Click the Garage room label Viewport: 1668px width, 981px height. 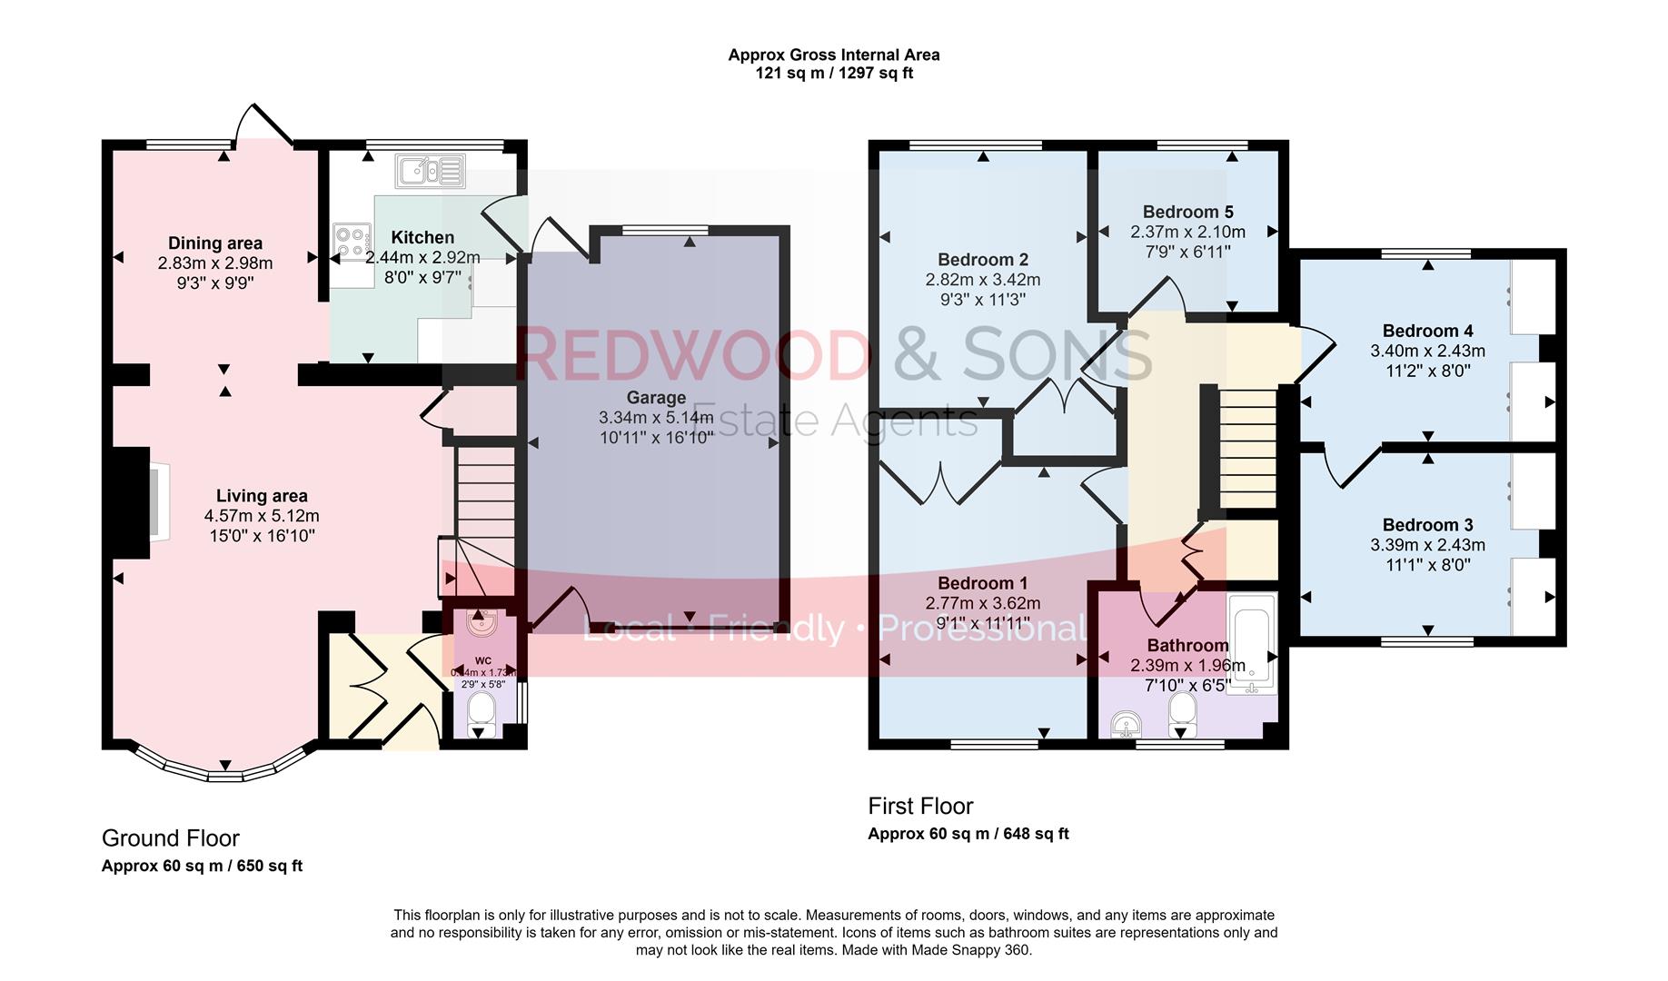click(x=656, y=398)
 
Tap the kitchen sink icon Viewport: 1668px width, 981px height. click(x=430, y=170)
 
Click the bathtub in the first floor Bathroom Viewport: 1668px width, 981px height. click(x=1251, y=644)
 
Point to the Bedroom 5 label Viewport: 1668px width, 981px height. click(x=1187, y=212)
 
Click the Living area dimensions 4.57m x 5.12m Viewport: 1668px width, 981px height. click(x=262, y=516)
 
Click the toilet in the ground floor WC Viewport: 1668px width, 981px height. click(x=481, y=716)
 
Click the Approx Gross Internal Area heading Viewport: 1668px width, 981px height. click(x=833, y=54)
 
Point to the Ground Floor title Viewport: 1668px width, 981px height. click(x=170, y=837)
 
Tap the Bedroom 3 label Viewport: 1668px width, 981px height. click(x=1427, y=525)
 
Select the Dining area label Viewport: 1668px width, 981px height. click(x=215, y=243)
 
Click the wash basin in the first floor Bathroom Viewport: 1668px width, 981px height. click(x=1127, y=724)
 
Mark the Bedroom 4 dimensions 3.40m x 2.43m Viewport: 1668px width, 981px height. click(x=1427, y=351)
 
